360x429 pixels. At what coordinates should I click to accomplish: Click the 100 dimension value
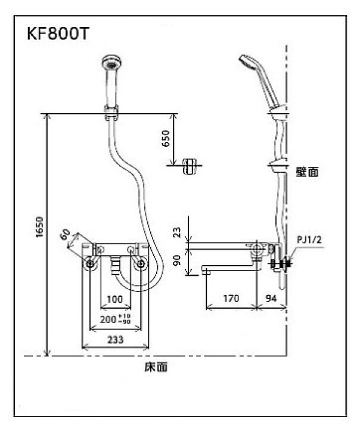[x=115, y=298]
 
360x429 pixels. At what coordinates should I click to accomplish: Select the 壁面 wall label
[x=308, y=172]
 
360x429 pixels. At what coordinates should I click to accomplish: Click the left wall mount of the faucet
[x=89, y=263]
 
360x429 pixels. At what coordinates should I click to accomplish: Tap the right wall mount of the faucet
[x=141, y=263]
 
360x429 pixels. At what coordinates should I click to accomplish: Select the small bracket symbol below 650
[x=190, y=166]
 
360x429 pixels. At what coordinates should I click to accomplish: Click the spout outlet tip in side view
[x=205, y=272]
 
